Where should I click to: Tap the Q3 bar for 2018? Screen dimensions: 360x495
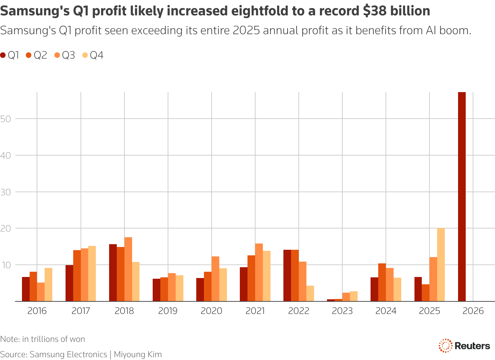click(x=128, y=269)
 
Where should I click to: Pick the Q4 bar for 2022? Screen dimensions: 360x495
click(x=310, y=293)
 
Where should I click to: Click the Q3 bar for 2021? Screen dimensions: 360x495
click(x=259, y=272)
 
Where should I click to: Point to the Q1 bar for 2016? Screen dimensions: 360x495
click(x=26, y=289)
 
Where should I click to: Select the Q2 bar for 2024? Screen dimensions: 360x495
click(x=382, y=282)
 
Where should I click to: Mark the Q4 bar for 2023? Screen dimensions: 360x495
click(x=353, y=296)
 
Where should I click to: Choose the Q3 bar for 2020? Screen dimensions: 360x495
click(x=215, y=279)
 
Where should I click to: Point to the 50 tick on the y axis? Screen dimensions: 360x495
click(x=6, y=119)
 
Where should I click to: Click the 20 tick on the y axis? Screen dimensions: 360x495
click(x=6, y=228)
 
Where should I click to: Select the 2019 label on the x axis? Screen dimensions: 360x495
click(x=168, y=311)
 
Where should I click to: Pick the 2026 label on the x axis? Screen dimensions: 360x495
click(x=473, y=311)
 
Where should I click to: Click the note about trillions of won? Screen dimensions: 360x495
click(x=43, y=339)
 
